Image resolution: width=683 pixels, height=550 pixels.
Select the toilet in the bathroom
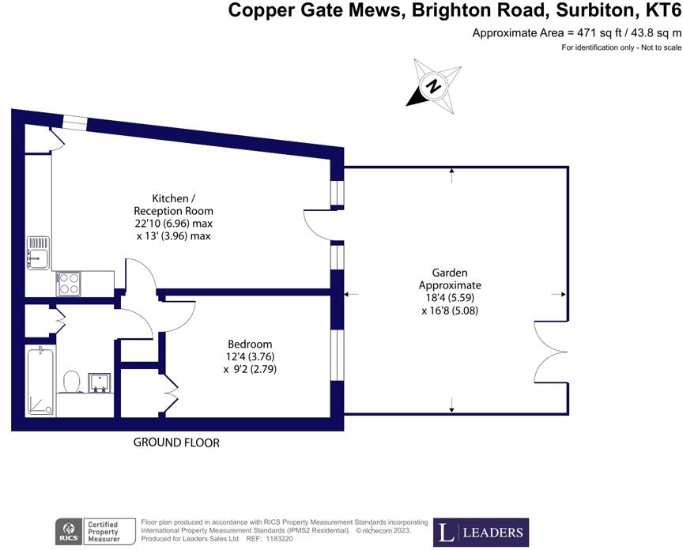point(70,382)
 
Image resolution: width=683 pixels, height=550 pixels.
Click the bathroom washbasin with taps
point(100,383)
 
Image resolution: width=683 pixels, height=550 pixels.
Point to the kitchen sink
point(38,252)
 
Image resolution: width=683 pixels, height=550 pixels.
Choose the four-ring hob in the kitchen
point(68,283)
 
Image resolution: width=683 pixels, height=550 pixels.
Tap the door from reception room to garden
point(319,226)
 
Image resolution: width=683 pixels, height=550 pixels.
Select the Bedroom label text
point(250,345)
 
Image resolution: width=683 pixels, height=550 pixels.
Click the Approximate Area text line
point(576,33)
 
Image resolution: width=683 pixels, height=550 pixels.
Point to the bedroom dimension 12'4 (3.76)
point(251,357)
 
